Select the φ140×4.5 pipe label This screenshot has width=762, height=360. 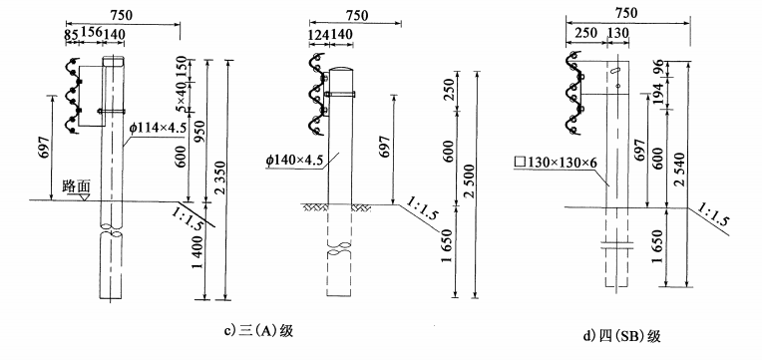pyautogui.click(x=294, y=160)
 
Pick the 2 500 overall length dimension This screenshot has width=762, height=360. pyautogui.click(x=471, y=182)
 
